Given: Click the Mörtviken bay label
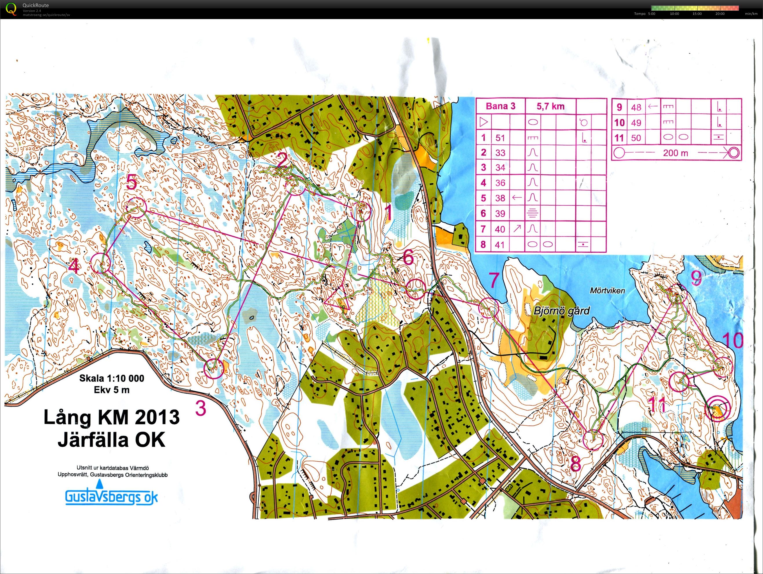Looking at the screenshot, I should click(607, 291).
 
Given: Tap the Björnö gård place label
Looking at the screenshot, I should click(562, 311).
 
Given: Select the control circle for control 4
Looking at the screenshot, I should click(101, 263).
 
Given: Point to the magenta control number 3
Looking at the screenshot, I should click(201, 408).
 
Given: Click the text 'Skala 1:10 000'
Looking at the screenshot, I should click(112, 378).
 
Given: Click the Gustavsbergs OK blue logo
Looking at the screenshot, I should click(111, 496).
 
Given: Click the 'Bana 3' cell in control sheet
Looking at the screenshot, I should click(500, 106).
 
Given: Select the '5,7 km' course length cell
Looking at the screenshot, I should click(551, 106).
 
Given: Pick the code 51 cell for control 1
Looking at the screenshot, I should click(500, 138).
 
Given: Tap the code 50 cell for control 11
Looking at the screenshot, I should click(636, 138).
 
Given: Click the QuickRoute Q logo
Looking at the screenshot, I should click(11, 9).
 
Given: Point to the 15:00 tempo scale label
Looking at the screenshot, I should click(697, 14).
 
